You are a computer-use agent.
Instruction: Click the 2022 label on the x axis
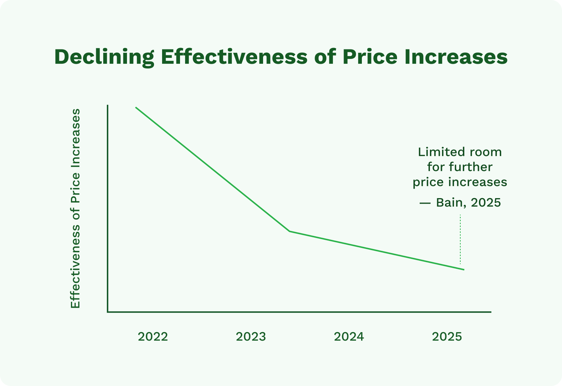[x=153, y=337]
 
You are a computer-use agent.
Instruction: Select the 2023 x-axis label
[x=251, y=337]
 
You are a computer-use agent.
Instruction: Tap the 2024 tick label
[x=349, y=337]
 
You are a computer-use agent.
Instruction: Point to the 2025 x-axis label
[x=447, y=337]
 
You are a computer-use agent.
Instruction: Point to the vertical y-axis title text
[x=75, y=209]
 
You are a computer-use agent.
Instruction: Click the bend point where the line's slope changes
[x=289, y=231]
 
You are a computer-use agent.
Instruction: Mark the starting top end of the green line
[x=136, y=107]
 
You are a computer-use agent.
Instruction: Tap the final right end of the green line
[x=464, y=270]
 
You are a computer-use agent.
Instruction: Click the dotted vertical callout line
[x=460, y=240]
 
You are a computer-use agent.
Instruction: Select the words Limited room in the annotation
[x=460, y=152]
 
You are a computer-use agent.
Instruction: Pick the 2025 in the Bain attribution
[x=486, y=203]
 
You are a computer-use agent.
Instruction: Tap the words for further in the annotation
[x=460, y=167]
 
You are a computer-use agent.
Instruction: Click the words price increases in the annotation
[x=460, y=182]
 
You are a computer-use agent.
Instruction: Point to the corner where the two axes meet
[x=108, y=312]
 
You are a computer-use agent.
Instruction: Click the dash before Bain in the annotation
[x=425, y=203]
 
